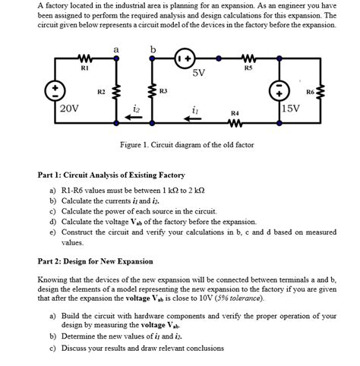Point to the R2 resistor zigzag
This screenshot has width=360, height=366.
115,93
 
